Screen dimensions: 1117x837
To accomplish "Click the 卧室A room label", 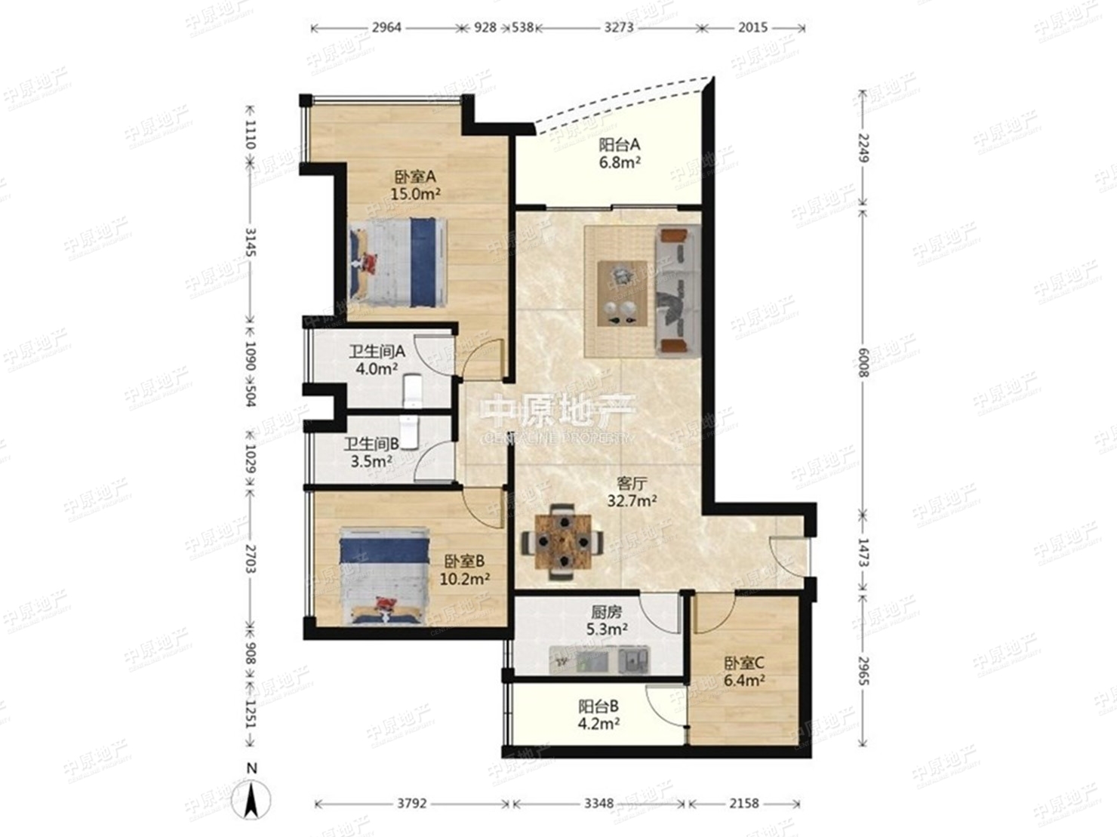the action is point(415,177).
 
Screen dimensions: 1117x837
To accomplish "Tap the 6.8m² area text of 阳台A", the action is point(620,163).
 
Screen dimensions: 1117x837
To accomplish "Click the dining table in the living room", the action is point(563,542).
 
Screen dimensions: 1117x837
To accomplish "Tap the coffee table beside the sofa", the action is point(623,293).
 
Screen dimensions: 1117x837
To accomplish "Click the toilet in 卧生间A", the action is point(413,391).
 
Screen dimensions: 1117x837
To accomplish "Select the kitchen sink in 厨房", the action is point(633,660).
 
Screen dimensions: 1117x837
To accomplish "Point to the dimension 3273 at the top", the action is point(619,27).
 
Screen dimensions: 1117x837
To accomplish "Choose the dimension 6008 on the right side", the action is point(862,363).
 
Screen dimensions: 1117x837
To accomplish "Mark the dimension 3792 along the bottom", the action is point(411,804).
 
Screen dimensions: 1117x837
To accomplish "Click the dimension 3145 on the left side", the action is point(251,242).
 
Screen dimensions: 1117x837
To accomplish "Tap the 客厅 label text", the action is point(632,483).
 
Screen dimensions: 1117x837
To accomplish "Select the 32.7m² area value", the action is point(632,501).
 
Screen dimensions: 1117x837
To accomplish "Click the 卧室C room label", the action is point(744,663).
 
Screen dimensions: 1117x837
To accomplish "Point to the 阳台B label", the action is point(599,706).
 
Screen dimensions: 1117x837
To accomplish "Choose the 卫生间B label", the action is point(371,445).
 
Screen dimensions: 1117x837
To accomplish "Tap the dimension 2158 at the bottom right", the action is point(743,804).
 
